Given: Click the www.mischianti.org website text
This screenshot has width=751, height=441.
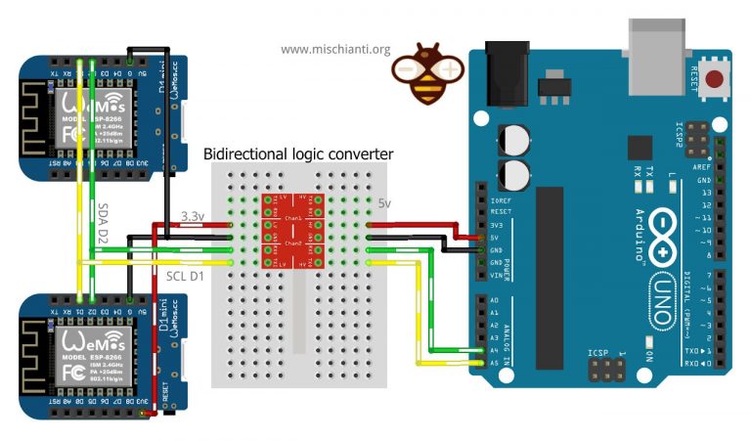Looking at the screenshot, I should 335,49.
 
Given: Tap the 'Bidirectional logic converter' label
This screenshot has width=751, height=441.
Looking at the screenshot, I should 297,154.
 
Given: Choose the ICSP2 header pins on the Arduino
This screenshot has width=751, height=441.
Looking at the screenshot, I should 698,139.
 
